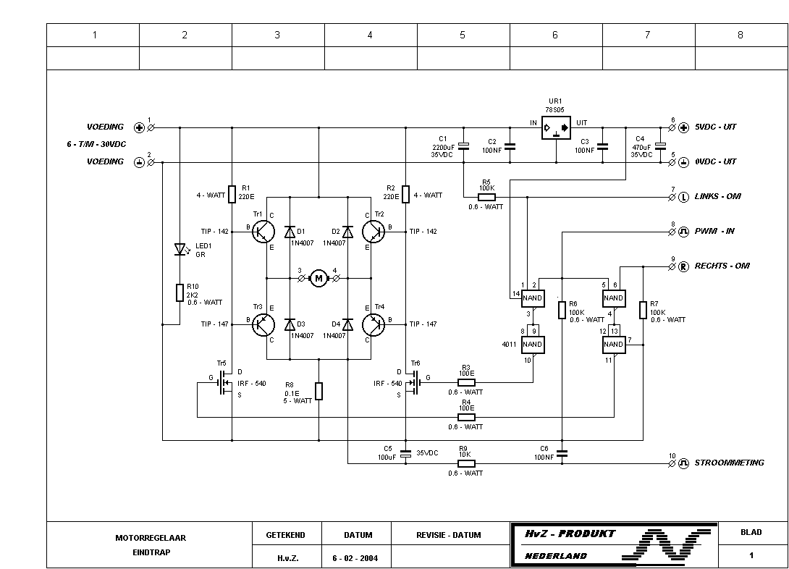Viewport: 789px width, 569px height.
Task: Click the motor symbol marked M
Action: pyautogui.click(x=318, y=277)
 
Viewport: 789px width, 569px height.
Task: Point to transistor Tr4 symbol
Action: pyautogui.click(x=373, y=324)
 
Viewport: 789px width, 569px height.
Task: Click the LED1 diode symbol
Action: pyautogui.click(x=180, y=249)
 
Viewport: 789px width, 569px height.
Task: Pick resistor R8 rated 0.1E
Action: pyautogui.click(x=318, y=391)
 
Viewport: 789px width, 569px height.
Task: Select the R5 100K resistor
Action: pyautogui.click(x=486, y=196)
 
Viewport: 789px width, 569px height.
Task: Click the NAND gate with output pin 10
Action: pyautogui.click(x=533, y=345)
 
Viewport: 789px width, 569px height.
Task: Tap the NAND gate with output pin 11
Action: pyautogui.click(x=614, y=345)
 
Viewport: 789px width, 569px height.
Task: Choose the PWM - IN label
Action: pyautogui.click(x=714, y=231)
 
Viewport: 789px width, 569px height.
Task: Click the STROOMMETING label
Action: pyautogui.click(x=729, y=463)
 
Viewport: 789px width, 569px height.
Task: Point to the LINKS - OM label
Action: pyautogui.click(x=717, y=196)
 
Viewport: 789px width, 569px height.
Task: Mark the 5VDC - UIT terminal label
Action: pyautogui.click(x=715, y=127)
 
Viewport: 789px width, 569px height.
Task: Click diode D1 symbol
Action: pyautogui.click(x=290, y=232)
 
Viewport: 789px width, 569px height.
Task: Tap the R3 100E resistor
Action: pyautogui.click(x=466, y=382)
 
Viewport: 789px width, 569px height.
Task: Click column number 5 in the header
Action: pyautogui.click(x=463, y=35)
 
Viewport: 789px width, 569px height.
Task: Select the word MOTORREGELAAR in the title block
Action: pyautogui.click(x=151, y=538)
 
